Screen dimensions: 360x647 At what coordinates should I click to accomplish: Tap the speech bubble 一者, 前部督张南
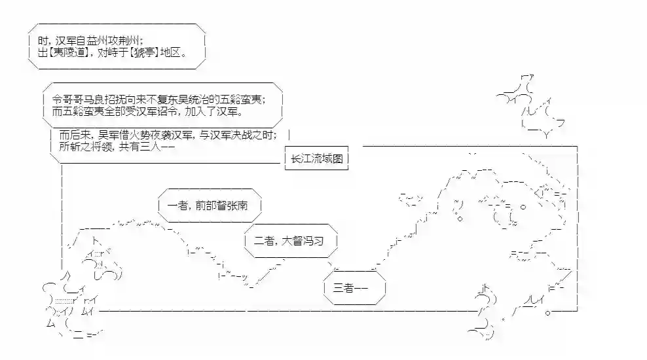[210, 205]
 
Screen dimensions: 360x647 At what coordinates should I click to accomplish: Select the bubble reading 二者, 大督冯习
[289, 240]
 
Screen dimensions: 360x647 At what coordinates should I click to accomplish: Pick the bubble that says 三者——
[354, 287]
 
